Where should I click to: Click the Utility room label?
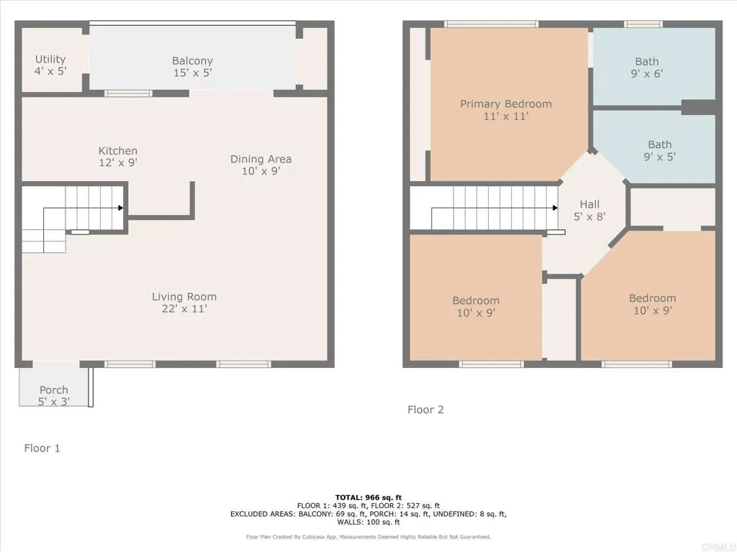(50, 59)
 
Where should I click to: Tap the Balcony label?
(192, 61)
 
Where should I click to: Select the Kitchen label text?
(118, 151)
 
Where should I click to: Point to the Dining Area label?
(261, 159)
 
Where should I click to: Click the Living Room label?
(184, 296)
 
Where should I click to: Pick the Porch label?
(54, 390)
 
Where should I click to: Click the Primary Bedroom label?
(506, 103)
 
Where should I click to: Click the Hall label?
(589, 204)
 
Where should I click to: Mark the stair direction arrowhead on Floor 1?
(121, 208)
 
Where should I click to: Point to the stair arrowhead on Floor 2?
(555, 208)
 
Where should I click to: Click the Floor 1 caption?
(42, 448)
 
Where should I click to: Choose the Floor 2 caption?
(425, 410)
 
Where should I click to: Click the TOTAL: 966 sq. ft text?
(368, 497)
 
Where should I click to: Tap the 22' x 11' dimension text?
(184, 309)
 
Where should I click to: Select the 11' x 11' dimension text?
(506, 116)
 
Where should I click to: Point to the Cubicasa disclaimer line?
(368, 537)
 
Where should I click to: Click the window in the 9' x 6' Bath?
(643, 24)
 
